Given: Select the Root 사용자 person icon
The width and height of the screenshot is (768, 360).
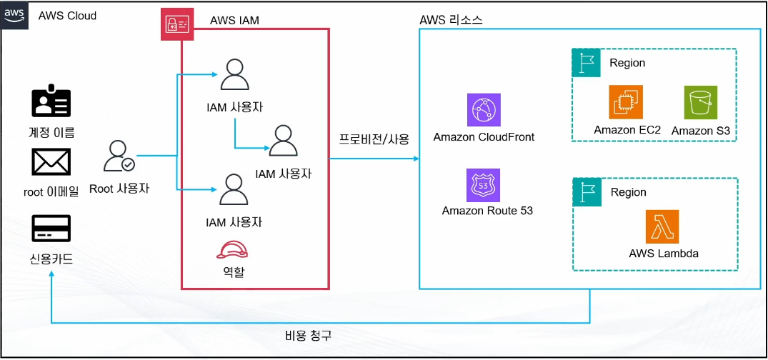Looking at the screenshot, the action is click(119, 156).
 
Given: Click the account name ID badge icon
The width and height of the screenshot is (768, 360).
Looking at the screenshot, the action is click(51, 103).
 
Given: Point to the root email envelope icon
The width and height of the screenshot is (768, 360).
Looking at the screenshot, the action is click(51, 163).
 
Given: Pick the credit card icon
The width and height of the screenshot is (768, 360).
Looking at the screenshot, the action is click(51, 229).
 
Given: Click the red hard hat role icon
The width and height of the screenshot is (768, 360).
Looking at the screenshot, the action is click(232, 250).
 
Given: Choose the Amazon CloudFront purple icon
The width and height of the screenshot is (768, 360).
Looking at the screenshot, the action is click(484, 110).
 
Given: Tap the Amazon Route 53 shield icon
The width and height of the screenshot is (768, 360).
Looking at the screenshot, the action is click(484, 186).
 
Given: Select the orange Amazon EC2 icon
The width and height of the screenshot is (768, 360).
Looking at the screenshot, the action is click(625, 102).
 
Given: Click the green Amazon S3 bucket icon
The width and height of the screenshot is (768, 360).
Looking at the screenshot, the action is click(700, 102).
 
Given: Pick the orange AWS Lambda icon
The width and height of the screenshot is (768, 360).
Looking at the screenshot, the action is click(662, 226).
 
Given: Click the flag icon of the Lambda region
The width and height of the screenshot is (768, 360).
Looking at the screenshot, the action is click(587, 192).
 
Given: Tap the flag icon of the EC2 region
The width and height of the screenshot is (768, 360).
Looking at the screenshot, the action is click(586, 62).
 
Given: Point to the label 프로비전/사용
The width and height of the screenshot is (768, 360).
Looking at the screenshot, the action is click(374, 139).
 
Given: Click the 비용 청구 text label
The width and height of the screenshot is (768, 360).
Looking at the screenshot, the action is click(308, 336).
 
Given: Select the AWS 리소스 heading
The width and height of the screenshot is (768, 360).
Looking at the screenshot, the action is click(451, 20).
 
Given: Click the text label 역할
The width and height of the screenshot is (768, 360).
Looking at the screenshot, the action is click(232, 271).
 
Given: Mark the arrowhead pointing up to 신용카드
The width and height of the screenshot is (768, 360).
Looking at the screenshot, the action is click(51, 275).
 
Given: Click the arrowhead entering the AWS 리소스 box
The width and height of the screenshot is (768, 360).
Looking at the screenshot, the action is click(417, 159).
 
